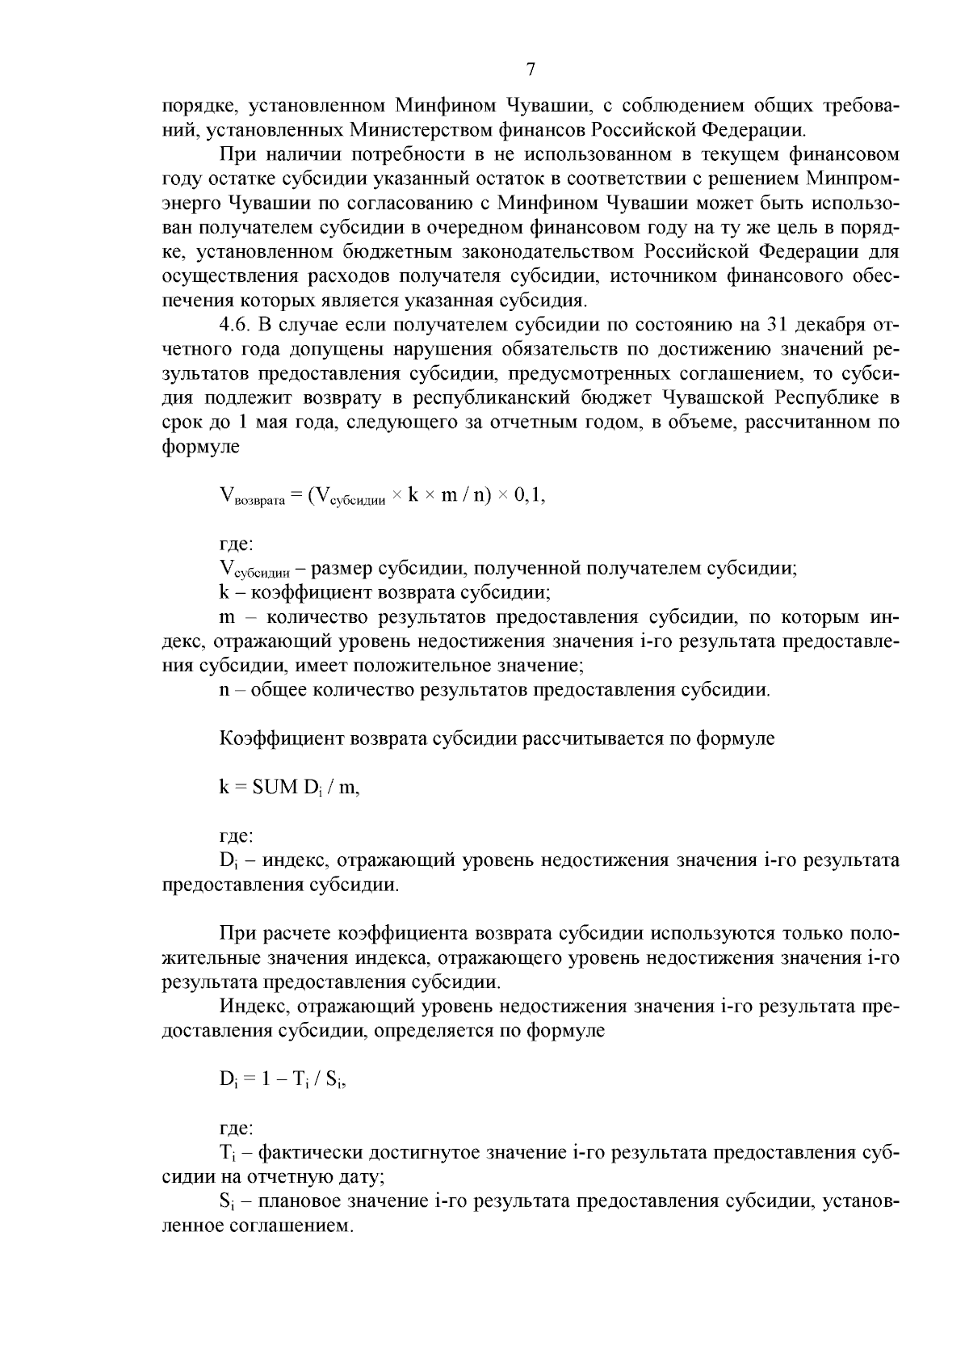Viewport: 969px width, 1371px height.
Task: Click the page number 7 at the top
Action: (x=531, y=69)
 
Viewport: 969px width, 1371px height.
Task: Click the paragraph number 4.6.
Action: (x=235, y=325)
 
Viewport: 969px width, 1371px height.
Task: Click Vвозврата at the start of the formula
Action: (x=252, y=498)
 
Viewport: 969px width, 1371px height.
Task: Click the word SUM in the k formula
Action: (x=275, y=788)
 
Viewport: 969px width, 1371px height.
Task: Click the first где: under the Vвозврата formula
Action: (x=237, y=545)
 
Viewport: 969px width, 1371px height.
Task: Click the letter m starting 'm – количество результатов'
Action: (x=227, y=618)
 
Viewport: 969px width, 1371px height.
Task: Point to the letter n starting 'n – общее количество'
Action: (x=224, y=691)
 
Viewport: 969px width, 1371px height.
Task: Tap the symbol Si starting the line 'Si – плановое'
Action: (x=226, y=1201)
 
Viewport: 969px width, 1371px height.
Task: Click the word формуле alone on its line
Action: (x=201, y=446)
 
